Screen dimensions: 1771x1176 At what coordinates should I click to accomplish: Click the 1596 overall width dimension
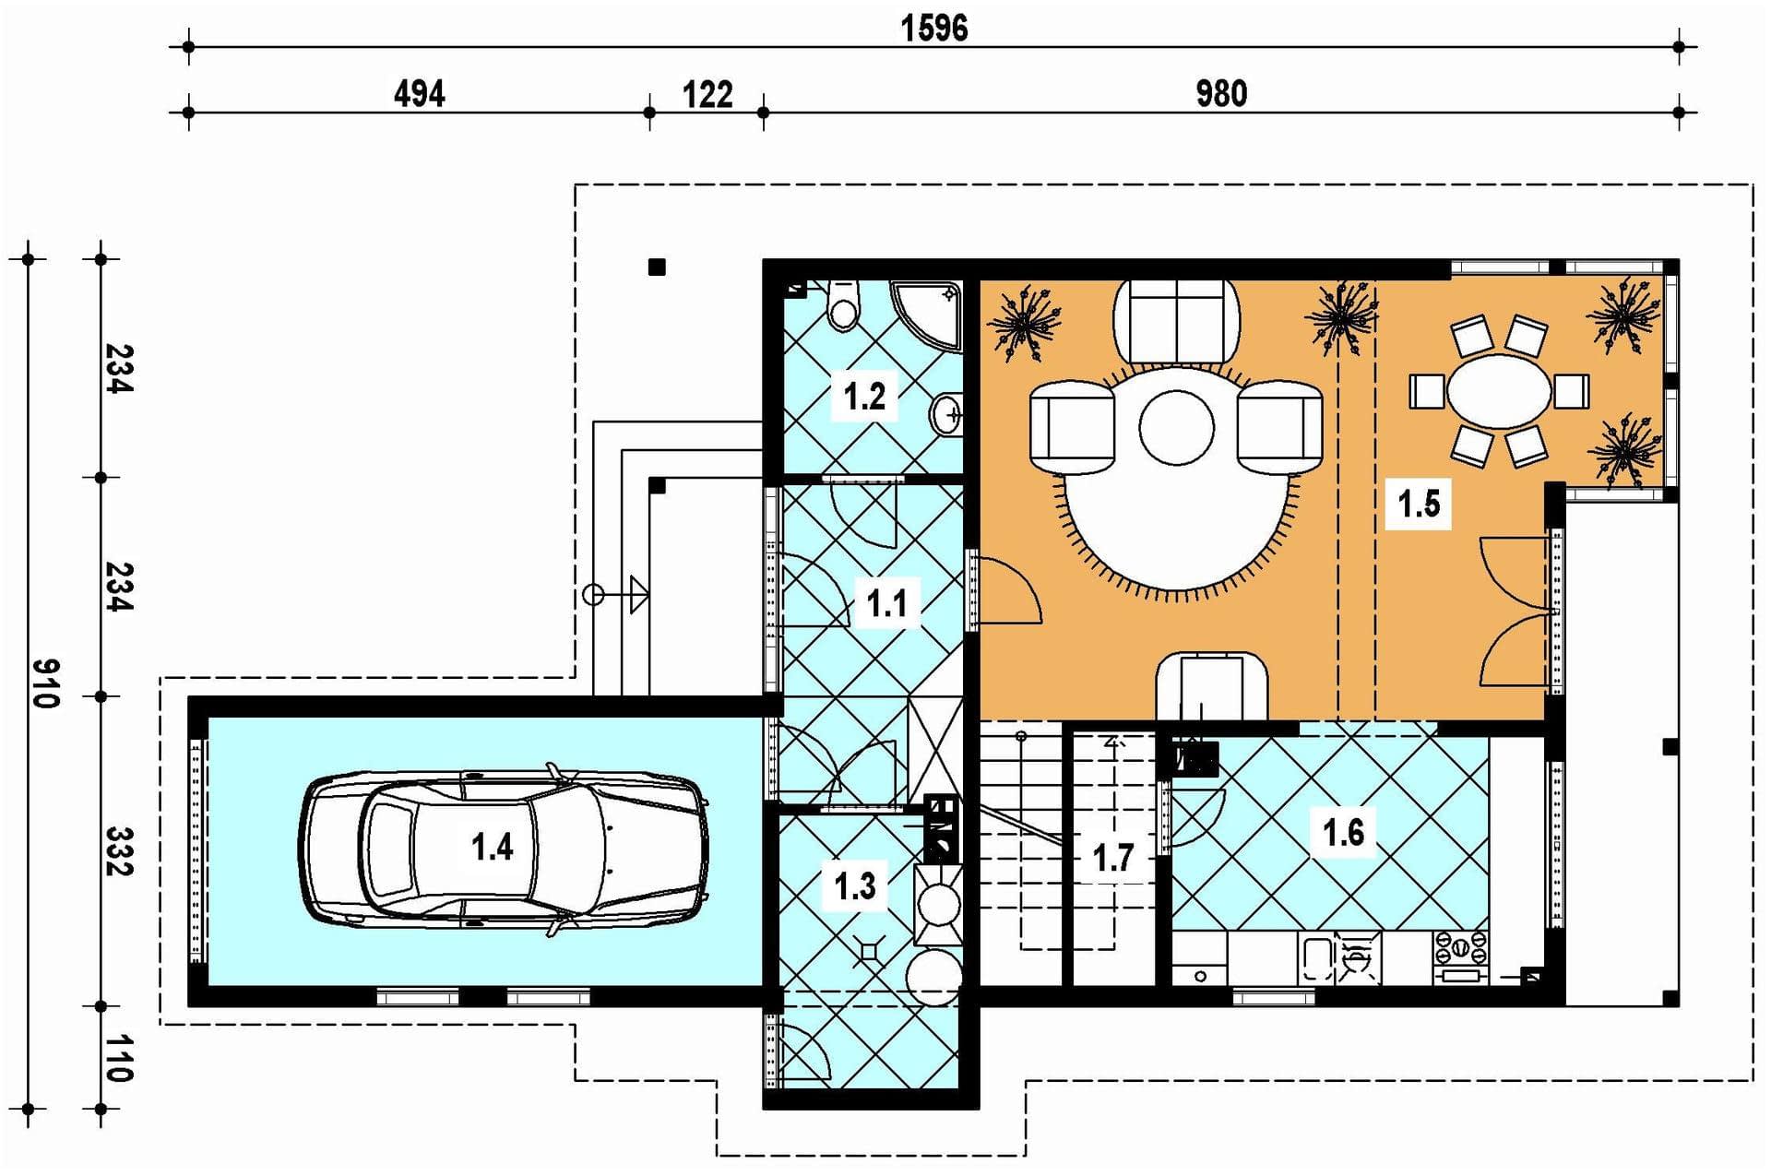[x=933, y=29]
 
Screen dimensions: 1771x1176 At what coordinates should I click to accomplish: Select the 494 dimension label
[x=420, y=94]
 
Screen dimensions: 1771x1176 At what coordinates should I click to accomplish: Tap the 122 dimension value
[x=707, y=94]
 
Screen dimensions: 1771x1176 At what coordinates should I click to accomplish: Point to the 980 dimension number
[x=1221, y=94]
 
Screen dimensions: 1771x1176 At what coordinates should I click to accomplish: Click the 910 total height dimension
[x=45, y=683]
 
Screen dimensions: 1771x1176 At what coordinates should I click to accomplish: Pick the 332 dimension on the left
[x=119, y=851]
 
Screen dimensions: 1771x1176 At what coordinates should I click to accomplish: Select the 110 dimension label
[x=119, y=1058]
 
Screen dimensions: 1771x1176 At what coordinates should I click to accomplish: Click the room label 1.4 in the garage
[x=492, y=846]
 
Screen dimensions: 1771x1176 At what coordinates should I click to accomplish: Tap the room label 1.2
[x=864, y=397]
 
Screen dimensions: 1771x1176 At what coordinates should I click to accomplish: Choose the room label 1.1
[x=886, y=604]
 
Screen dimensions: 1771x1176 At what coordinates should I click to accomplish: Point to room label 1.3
[x=854, y=886]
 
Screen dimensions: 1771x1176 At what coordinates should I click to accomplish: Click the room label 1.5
[x=1419, y=504]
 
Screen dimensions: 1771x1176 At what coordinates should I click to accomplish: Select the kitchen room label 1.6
[x=1343, y=833]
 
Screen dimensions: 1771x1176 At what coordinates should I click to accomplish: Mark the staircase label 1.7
[x=1112, y=859]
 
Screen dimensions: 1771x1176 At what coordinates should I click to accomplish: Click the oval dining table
[x=1499, y=391]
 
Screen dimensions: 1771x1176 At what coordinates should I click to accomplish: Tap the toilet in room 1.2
[x=843, y=303]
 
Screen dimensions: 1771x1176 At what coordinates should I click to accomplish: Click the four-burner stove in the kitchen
[x=1459, y=946]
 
